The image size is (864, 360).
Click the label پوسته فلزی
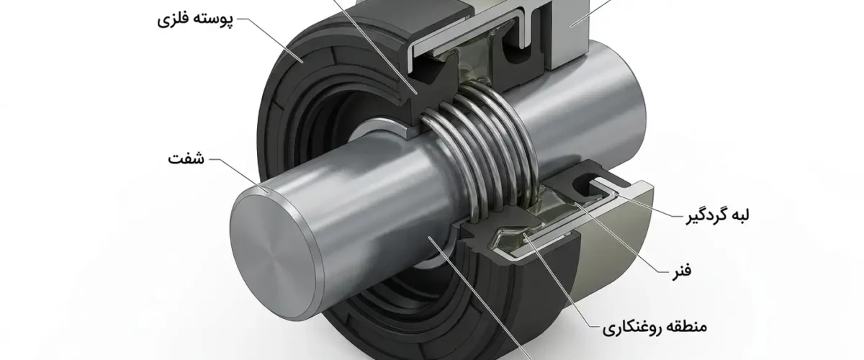point(195,19)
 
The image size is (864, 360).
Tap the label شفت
point(186,158)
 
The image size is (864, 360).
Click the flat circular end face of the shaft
point(273,257)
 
